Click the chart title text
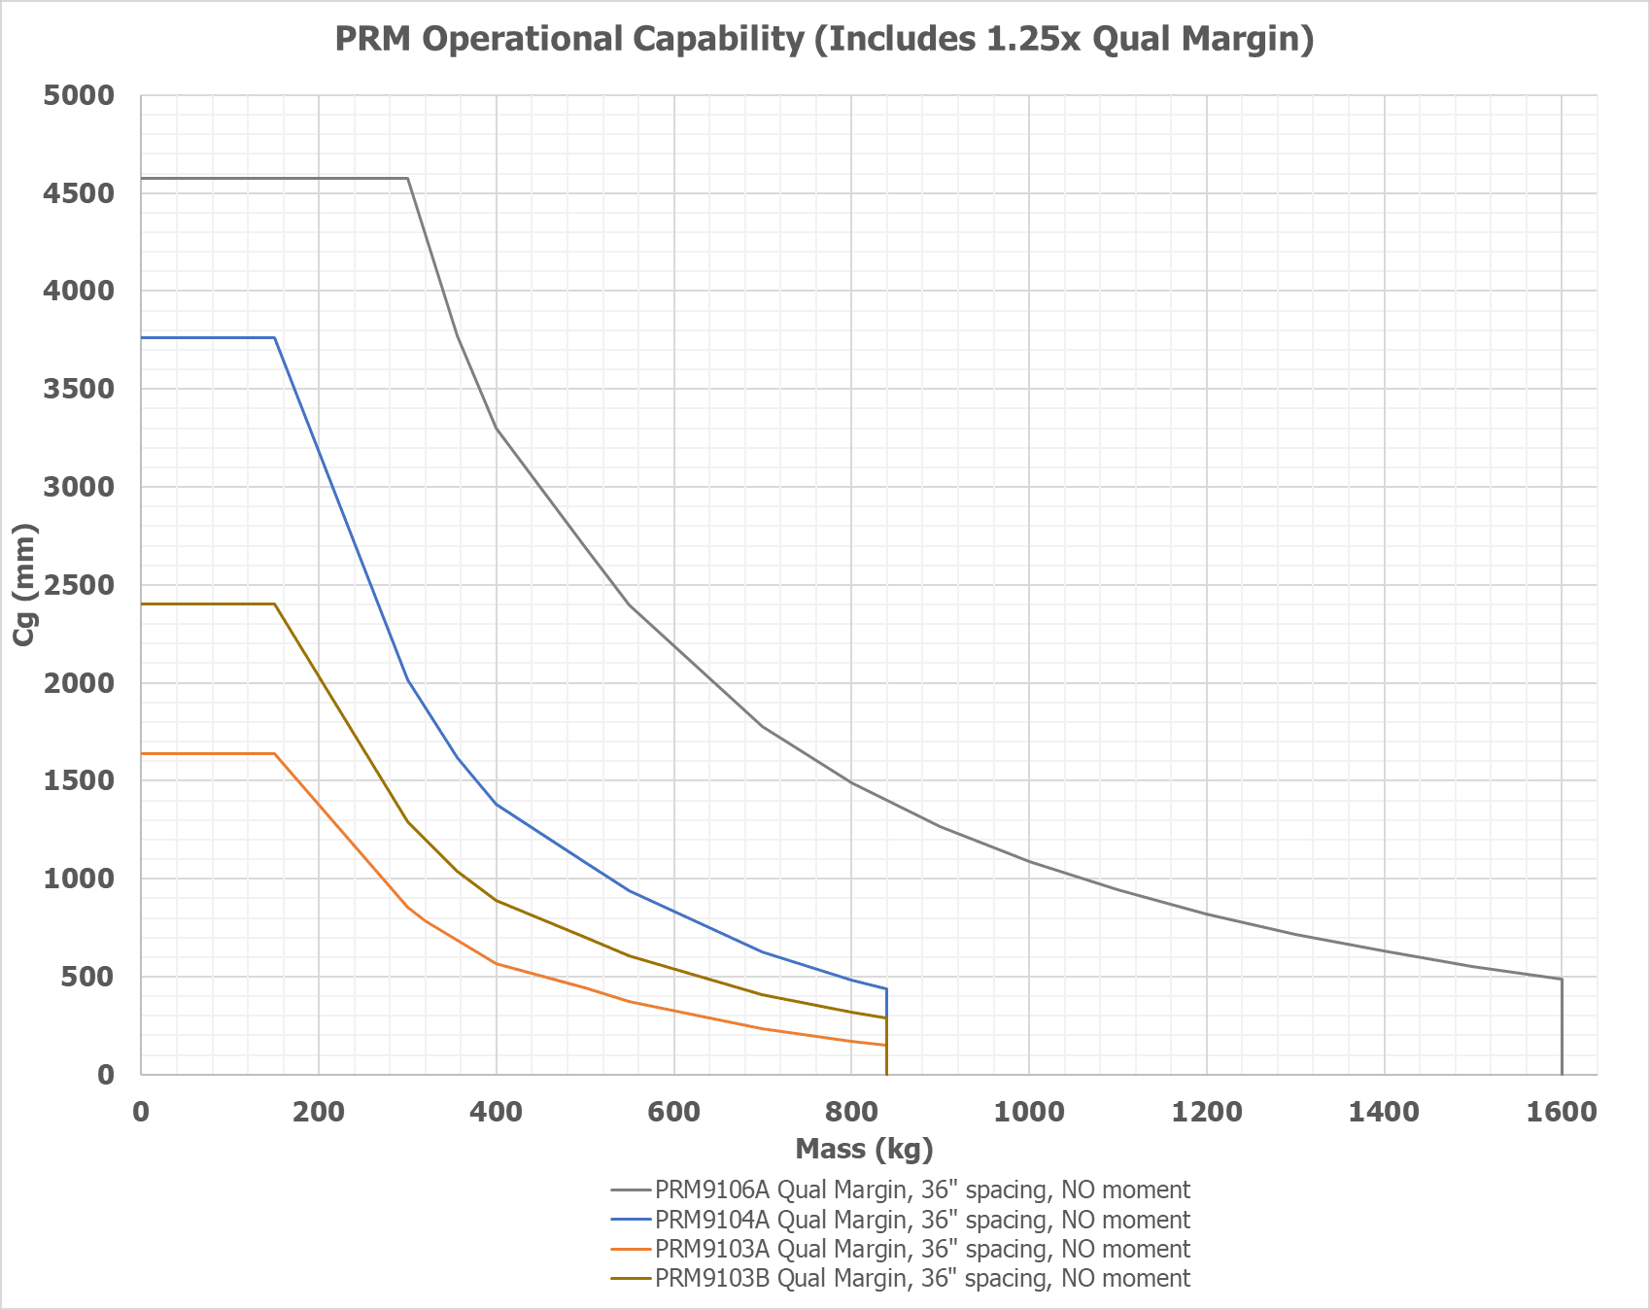click(x=824, y=39)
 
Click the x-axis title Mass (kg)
click(x=864, y=1149)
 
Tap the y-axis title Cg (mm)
click(x=25, y=584)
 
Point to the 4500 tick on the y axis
click(x=79, y=193)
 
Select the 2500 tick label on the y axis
click(x=79, y=585)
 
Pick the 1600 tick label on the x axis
click(x=1561, y=1112)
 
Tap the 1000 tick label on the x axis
click(x=1028, y=1112)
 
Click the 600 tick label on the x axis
click(x=673, y=1112)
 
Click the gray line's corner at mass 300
click(x=407, y=178)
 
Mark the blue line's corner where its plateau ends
click(x=274, y=337)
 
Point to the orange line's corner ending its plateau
click(x=274, y=753)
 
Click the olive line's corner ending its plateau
click(x=274, y=603)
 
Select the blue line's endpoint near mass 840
click(x=886, y=989)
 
